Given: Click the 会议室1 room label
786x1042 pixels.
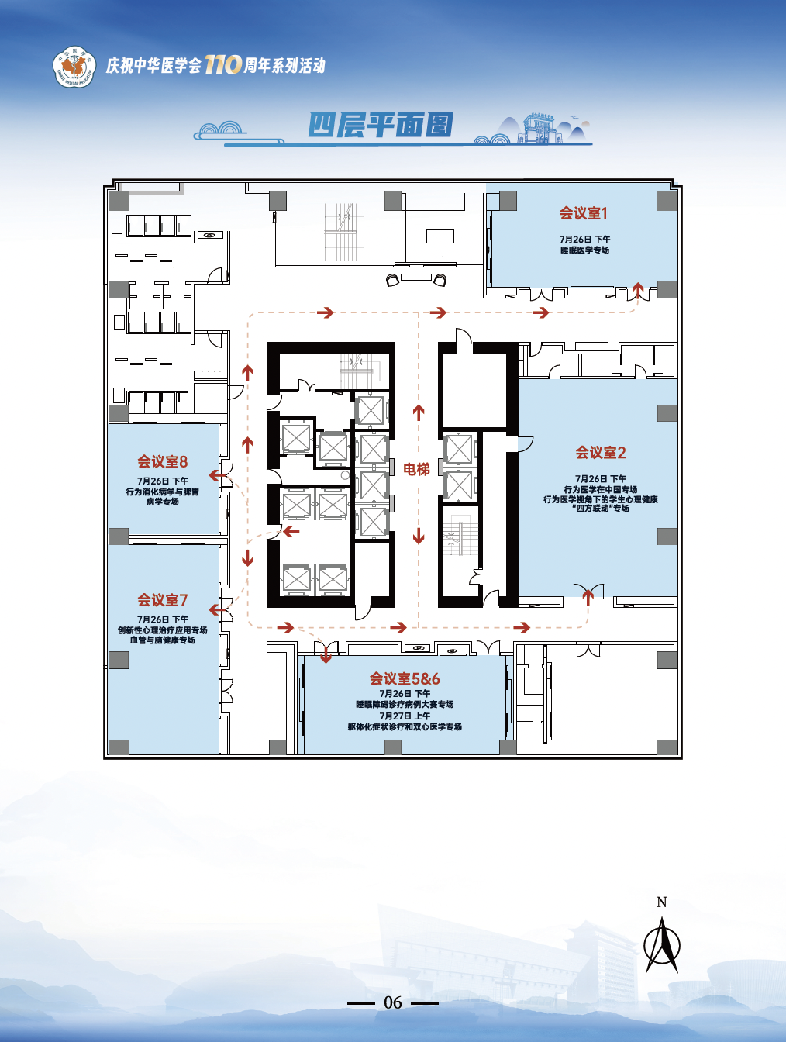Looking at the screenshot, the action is pyautogui.click(x=584, y=213).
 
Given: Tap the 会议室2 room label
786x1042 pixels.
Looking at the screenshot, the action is pyautogui.click(x=601, y=453).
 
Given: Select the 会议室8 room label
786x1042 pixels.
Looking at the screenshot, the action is pyautogui.click(x=162, y=461).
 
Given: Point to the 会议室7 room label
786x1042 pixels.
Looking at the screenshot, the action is pyautogui.click(x=162, y=599).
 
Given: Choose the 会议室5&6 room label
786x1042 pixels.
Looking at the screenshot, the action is pyautogui.click(x=405, y=678).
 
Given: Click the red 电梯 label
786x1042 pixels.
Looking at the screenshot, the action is pyautogui.click(x=416, y=470).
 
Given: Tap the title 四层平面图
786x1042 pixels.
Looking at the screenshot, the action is pyautogui.click(x=381, y=126).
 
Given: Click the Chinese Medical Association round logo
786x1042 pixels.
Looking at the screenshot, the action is pyautogui.click(x=74, y=67).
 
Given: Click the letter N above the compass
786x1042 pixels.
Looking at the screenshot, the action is pyautogui.click(x=662, y=902).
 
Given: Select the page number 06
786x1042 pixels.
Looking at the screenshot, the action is pyautogui.click(x=393, y=1002).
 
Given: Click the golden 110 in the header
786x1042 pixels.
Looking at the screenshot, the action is pyautogui.click(x=223, y=64).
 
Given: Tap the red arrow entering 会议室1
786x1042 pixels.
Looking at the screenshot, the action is pyautogui.click(x=638, y=291).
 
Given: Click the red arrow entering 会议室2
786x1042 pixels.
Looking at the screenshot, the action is pyautogui.click(x=588, y=597).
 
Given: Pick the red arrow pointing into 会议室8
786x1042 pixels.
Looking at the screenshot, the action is pyautogui.click(x=217, y=474).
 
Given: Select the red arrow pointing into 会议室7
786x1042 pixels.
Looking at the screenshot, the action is pyautogui.click(x=217, y=609).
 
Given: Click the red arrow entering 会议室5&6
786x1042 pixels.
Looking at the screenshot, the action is pyautogui.click(x=326, y=654).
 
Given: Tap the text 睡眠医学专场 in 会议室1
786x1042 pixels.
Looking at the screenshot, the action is pyautogui.click(x=584, y=250).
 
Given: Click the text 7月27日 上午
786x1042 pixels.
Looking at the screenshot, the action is pyautogui.click(x=405, y=716).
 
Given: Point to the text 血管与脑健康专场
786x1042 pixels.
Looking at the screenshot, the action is pyautogui.click(x=162, y=640).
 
